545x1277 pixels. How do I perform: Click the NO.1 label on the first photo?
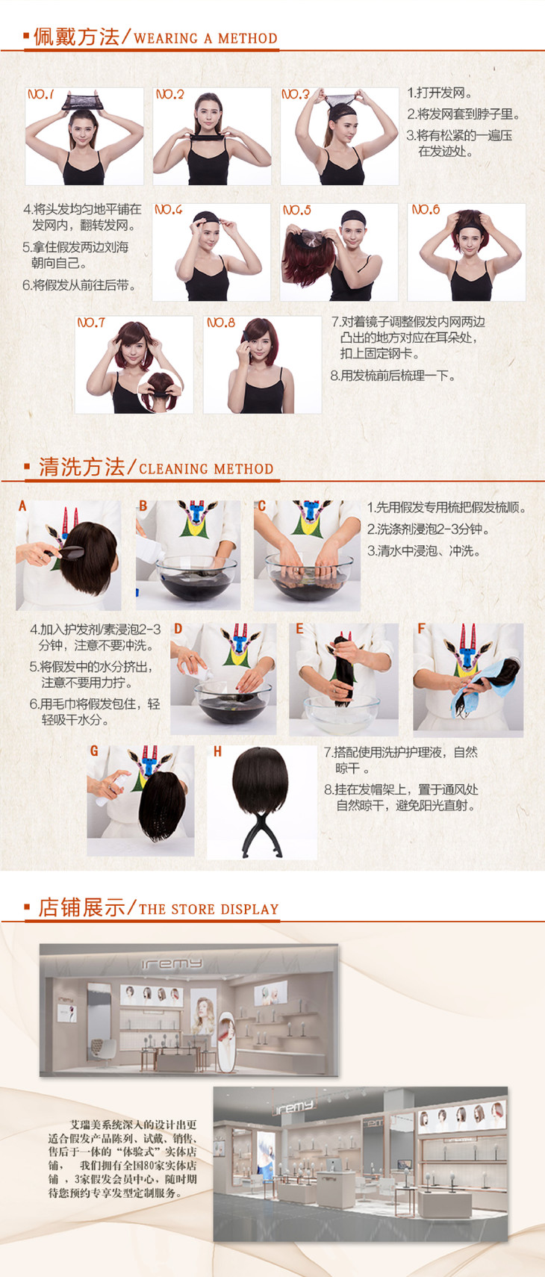[x=40, y=94]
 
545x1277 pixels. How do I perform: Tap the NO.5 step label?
[x=297, y=211]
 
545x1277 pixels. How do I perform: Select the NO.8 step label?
[x=221, y=323]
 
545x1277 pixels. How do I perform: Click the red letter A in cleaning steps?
[x=22, y=506]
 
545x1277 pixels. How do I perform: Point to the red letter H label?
[x=217, y=752]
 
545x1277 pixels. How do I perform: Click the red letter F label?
[x=421, y=628]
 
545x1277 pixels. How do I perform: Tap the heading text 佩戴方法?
[x=76, y=37]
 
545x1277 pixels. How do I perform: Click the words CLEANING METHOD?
[x=206, y=469]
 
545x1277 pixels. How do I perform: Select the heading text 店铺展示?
[x=81, y=907]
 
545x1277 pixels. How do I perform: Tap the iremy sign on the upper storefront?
[x=172, y=963]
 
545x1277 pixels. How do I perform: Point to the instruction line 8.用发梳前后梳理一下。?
[x=393, y=376]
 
